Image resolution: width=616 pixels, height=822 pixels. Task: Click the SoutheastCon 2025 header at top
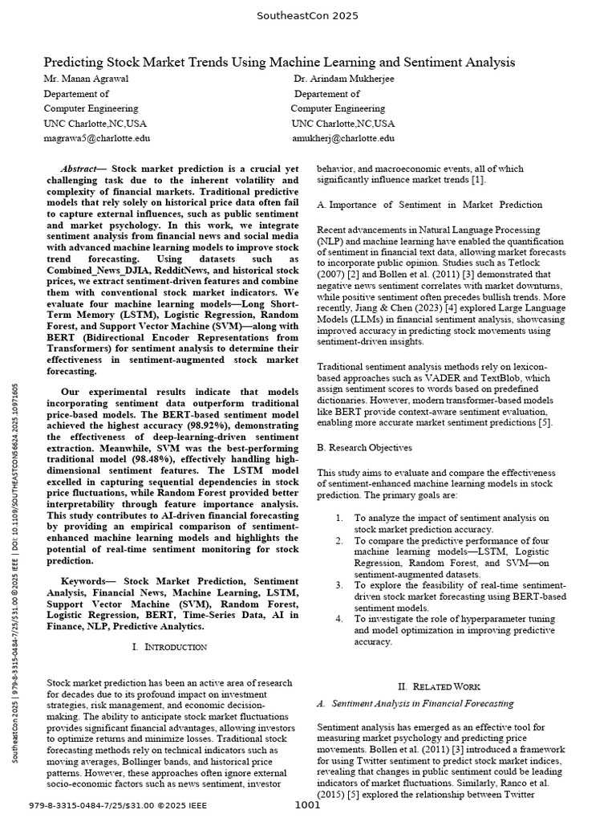click(307, 16)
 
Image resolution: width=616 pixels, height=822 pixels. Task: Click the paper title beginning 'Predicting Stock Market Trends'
click(278, 62)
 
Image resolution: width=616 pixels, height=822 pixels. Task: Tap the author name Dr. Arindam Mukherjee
click(344, 79)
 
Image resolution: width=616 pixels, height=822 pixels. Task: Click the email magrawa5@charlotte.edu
click(96, 138)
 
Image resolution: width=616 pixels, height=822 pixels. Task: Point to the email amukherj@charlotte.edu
click(342, 138)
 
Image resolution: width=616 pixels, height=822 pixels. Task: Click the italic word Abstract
click(78, 169)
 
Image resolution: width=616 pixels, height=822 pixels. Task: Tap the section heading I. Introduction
click(169, 646)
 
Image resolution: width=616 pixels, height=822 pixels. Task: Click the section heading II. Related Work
click(439, 686)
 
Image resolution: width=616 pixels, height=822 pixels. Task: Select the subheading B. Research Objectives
click(365, 447)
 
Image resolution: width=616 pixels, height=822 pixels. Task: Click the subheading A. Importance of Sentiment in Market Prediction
click(430, 205)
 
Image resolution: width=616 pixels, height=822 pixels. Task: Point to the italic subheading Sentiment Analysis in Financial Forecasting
click(422, 703)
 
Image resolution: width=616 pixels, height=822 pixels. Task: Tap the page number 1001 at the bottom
click(308, 805)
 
